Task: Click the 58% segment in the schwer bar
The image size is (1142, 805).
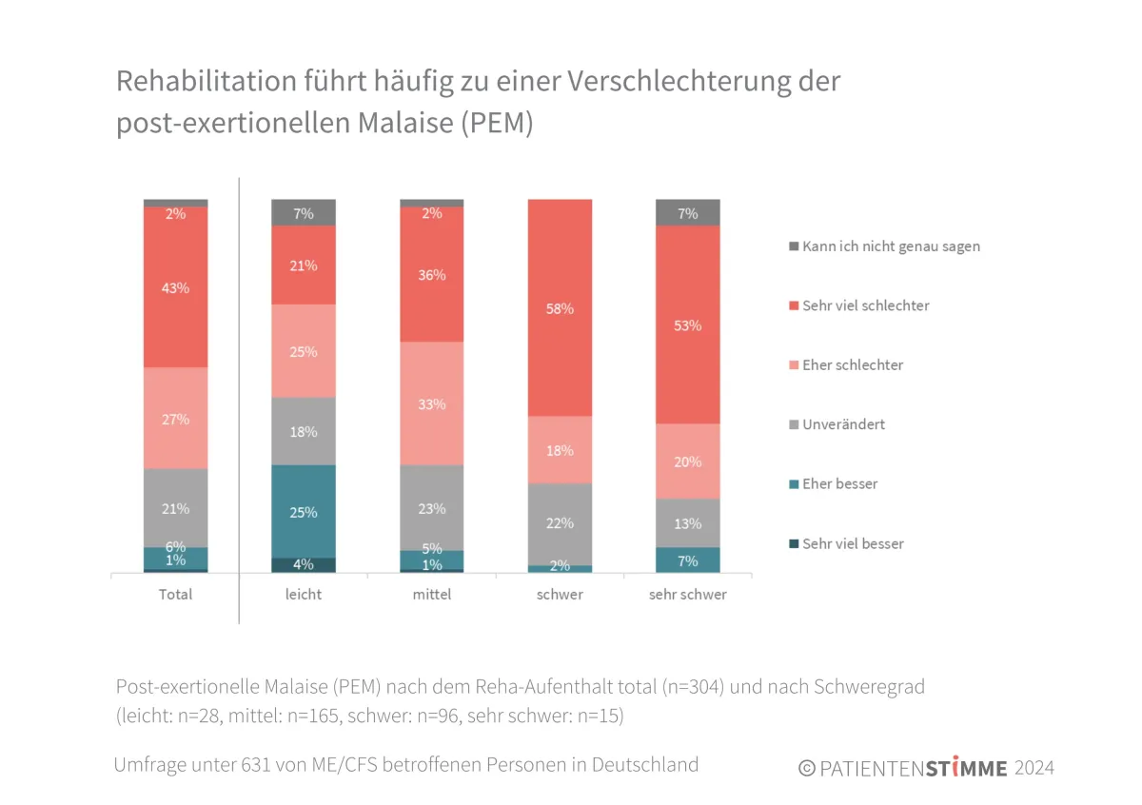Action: [560, 307]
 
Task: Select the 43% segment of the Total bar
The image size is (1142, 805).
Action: [175, 286]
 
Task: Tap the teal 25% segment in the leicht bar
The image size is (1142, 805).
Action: [304, 511]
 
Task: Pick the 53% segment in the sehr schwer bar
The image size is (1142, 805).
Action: [688, 324]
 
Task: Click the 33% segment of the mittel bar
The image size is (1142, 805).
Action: [431, 403]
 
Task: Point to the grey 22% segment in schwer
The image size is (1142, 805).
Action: [560, 524]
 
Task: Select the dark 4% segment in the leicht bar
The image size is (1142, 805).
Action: [304, 565]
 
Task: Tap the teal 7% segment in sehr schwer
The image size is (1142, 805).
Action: [688, 560]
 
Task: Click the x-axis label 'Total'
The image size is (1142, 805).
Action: [175, 595]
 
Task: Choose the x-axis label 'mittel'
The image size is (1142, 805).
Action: [431, 595]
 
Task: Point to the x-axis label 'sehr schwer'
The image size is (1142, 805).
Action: [688, 595]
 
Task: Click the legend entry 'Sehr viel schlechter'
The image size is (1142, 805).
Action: [865, 305]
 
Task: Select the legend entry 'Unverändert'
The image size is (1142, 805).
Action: [843, 424]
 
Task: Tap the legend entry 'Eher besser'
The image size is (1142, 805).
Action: [839, 483]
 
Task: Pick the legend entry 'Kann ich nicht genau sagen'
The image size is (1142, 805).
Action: [891, 246]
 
